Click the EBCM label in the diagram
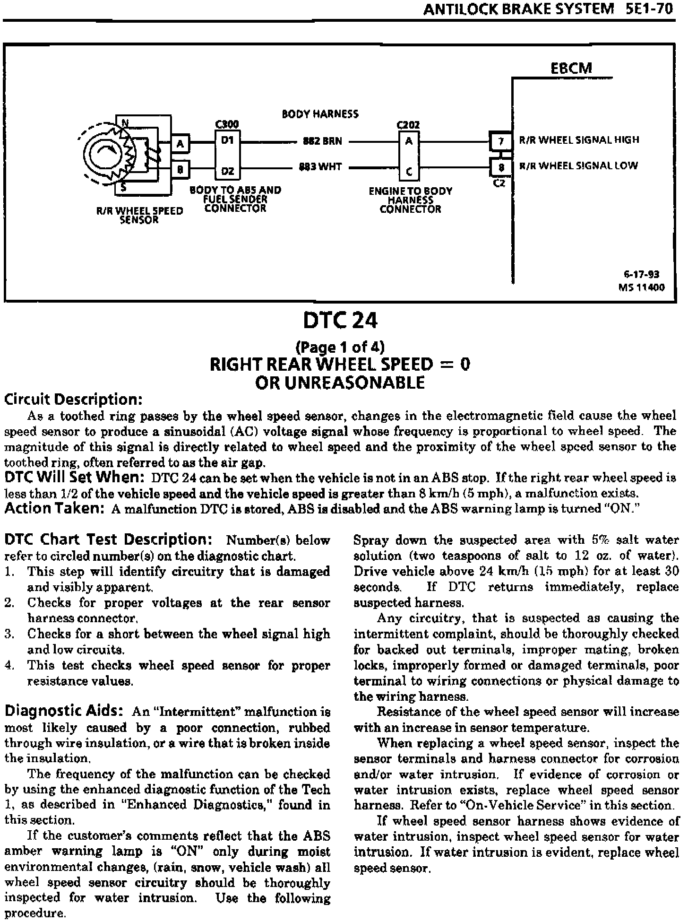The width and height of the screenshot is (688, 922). (571, 68)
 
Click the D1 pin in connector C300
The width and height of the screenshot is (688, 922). (228, 141)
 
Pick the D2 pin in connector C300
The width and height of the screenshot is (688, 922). (228, 171)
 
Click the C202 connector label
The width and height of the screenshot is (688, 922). (409, 125)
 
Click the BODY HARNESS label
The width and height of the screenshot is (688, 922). (320, 114)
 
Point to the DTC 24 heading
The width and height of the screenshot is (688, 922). (340, 322)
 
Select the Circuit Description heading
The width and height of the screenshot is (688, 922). (73, 400)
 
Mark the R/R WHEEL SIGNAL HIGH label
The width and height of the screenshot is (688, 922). (579, 140)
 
